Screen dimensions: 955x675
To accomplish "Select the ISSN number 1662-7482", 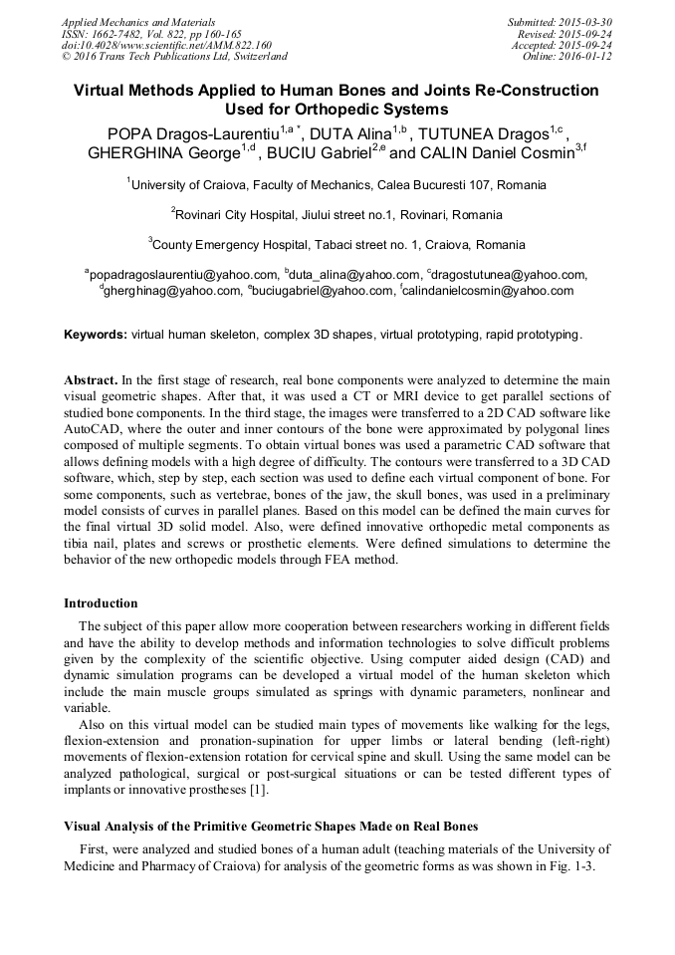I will click(x=120, y=34).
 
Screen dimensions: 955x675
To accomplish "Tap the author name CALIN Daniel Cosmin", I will click(x=495, y=154).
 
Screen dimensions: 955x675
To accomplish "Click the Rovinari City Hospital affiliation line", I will click(x=337, y=214).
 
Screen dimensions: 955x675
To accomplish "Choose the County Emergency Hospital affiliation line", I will click(x=337, y=245).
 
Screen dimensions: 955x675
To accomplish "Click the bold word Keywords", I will click(x=95, y=335).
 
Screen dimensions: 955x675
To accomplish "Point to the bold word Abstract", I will click(x=91, y=380).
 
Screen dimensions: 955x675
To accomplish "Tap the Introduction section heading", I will click(x=101, y=603).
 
